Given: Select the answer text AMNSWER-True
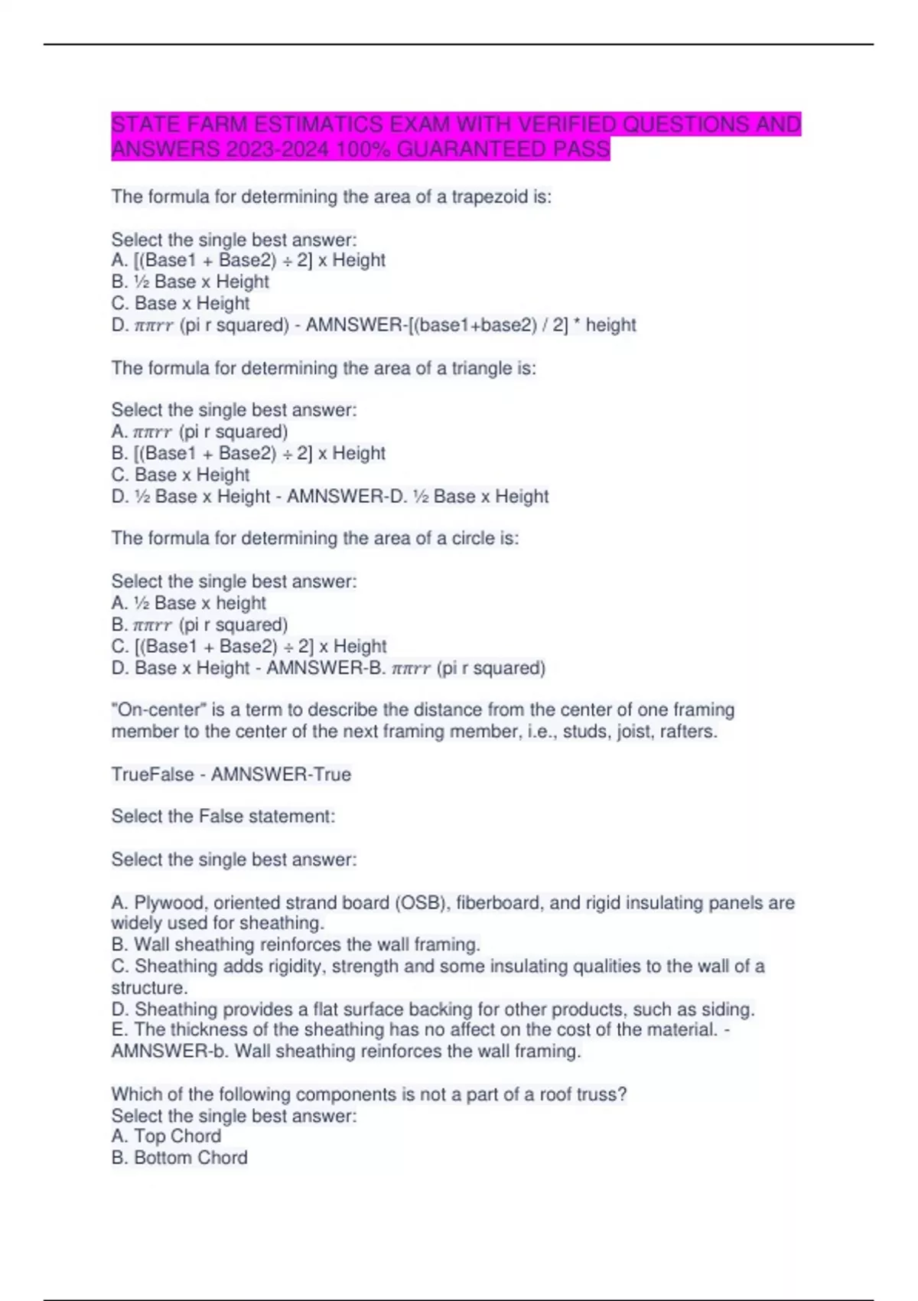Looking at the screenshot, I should pyautogui.click(x=281, y=774).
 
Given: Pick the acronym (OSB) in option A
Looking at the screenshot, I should pyautogui.click(x=421, y=903).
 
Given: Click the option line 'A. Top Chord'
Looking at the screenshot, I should pyautogui.click(x=166, y=1136).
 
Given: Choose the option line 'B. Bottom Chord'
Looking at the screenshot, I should pyautogui.click(x=179, y=1158).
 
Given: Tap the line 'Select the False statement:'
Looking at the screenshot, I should pyautogui.click(x=223, y=817).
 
